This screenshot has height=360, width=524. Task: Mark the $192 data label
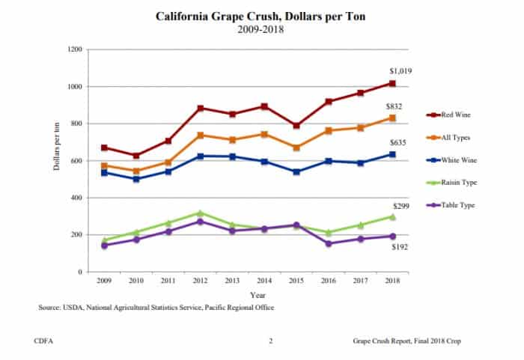(397, 247)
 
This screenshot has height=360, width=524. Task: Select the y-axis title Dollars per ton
(57, 160)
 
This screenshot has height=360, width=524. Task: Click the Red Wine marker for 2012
(200, 109)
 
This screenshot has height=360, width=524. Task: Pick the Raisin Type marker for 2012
(200, 213)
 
